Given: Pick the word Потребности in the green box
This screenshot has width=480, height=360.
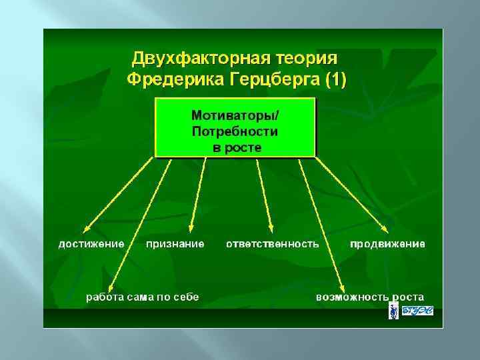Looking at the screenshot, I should [235, 131].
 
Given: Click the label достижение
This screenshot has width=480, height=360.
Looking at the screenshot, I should [91, 243].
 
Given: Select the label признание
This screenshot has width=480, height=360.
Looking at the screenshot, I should [175, 243].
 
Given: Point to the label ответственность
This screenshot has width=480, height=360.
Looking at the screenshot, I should [272, 243].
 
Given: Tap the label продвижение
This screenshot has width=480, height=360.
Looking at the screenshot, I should [387, 243].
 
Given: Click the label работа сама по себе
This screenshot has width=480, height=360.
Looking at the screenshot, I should [142, 297].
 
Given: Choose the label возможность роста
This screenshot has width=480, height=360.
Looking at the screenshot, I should [370, 297].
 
